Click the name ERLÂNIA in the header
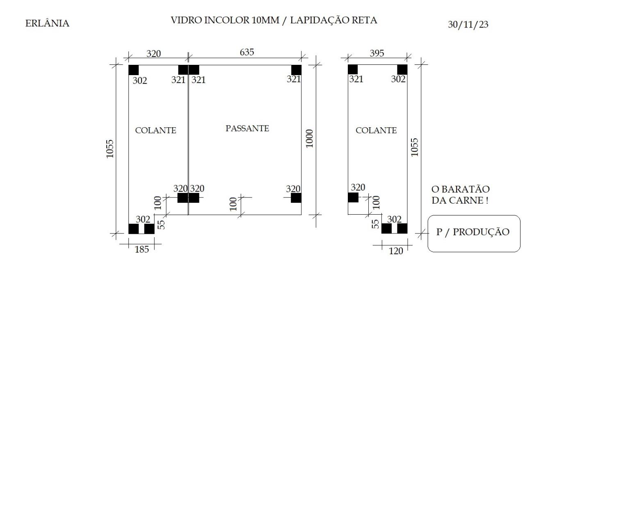tap(47, 23)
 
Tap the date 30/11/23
tap(468, 24)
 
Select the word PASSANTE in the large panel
tap(247, 128)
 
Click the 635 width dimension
tap(247, 52)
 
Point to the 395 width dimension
tap(377, 53)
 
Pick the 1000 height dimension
tap(309, 139)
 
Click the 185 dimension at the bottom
tap(142, 250)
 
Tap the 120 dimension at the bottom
tap(396, 251)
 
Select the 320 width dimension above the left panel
tap(154, 54)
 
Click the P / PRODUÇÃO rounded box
tap(474, 234)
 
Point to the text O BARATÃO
tap(461, 189)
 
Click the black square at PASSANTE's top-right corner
tap(296, 70)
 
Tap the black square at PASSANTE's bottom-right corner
tap(296, 198)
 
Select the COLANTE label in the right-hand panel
tap(376, 131)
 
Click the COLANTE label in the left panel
tap(155, 131)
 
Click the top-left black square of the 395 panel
tap(353, 69)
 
